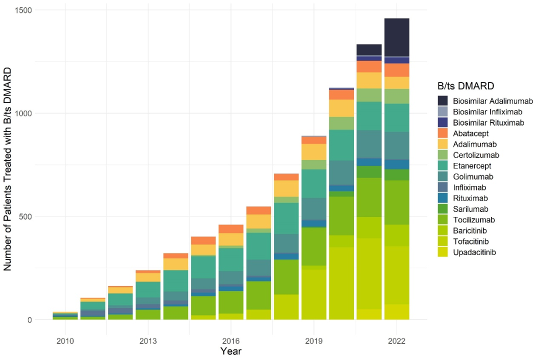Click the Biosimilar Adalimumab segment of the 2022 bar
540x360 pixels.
[396, 37]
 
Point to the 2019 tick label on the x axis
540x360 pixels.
[313, 341]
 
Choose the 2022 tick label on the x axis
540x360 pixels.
[396, 341]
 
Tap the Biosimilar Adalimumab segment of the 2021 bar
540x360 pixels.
[369, 49]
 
